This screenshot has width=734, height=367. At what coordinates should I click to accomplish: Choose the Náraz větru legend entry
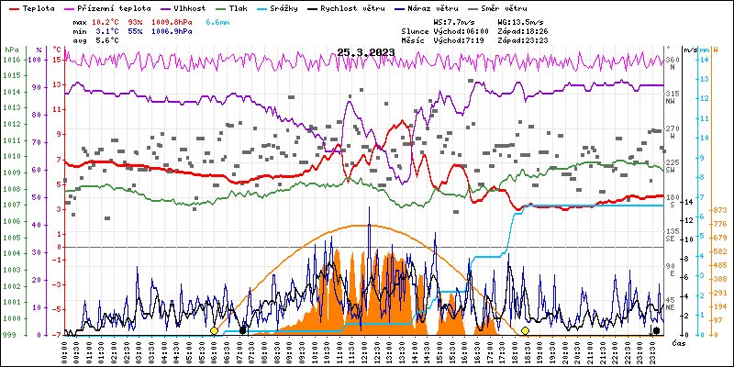436,7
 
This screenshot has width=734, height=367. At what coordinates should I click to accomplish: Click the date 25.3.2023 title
366,52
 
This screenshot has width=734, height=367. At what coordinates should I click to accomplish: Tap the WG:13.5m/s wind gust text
519,20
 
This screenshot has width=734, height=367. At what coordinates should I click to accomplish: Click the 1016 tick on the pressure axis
11,61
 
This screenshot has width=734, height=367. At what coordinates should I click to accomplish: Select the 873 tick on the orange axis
719,212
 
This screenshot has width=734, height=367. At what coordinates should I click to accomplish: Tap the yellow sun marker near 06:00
214,330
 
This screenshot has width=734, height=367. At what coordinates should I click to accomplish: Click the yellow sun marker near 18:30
526,330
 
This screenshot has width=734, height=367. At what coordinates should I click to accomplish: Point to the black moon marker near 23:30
656,330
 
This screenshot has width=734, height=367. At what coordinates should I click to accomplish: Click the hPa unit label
11,50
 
